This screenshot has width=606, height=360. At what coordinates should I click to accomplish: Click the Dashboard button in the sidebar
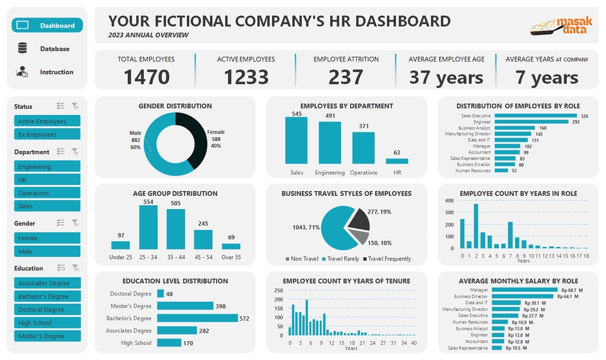(47, 26)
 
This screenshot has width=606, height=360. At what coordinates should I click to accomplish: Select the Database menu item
(47, 49)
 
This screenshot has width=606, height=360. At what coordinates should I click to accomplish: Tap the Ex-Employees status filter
(47, 135)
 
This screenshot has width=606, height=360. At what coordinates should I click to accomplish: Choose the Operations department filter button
(47, 193)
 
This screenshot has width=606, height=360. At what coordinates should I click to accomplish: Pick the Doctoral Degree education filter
(47, 309)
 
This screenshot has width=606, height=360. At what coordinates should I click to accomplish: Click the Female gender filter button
(47, 238)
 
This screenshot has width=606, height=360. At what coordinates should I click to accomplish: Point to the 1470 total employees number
(146, 77)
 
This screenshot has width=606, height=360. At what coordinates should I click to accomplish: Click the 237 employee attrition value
(345, 77)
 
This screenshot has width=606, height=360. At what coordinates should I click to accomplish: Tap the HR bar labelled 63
(396, 161)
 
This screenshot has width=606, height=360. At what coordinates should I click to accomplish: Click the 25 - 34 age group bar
(148, 227)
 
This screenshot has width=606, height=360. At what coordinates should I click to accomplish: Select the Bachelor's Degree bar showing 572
(197, 318)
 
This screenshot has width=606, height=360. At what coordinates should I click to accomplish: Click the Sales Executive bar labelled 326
(535, 116)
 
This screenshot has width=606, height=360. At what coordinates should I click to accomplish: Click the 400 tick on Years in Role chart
(449, 201)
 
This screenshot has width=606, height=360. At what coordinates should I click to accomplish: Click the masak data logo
(561, 26)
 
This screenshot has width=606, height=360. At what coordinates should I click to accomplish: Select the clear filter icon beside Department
(75, 152)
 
